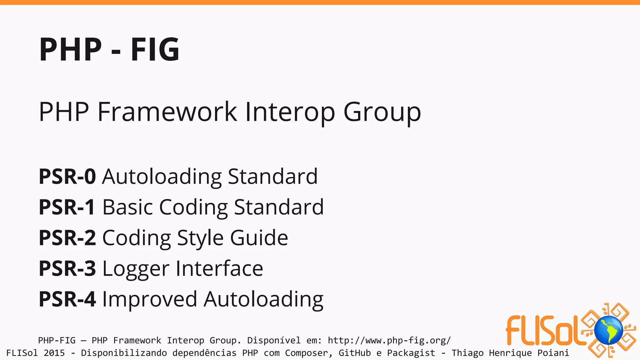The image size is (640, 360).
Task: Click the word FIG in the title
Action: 155,49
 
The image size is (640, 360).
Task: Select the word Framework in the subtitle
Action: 167,112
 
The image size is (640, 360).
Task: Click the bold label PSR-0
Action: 67,176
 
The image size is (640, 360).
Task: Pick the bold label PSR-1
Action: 67,207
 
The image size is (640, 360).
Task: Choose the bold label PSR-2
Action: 67,238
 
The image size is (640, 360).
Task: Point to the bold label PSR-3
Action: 67,268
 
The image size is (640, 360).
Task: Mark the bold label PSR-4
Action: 67,299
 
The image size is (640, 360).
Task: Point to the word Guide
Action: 259,238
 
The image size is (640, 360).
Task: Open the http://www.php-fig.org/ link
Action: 389,340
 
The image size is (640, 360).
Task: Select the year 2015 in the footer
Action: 54,353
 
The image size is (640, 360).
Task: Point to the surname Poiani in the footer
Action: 553,353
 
